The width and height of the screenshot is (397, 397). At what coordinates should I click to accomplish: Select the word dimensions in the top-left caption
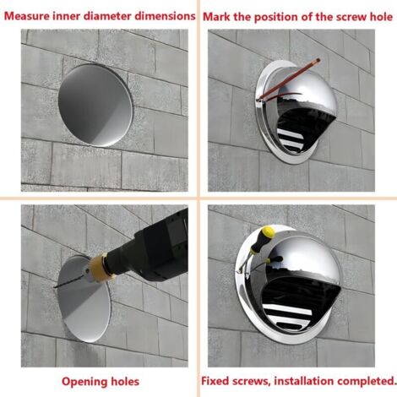tap(165, 16)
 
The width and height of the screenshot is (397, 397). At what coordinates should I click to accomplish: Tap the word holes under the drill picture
tap(125, 382)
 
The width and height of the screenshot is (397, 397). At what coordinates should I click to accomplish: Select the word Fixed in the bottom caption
tap(215, 381)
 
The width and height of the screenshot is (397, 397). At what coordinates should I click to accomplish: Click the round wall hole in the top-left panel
tap(95, 105)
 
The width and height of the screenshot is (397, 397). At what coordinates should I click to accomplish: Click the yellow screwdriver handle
tap(263, 239)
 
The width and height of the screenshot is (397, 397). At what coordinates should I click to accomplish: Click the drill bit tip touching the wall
tap(54, 287)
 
